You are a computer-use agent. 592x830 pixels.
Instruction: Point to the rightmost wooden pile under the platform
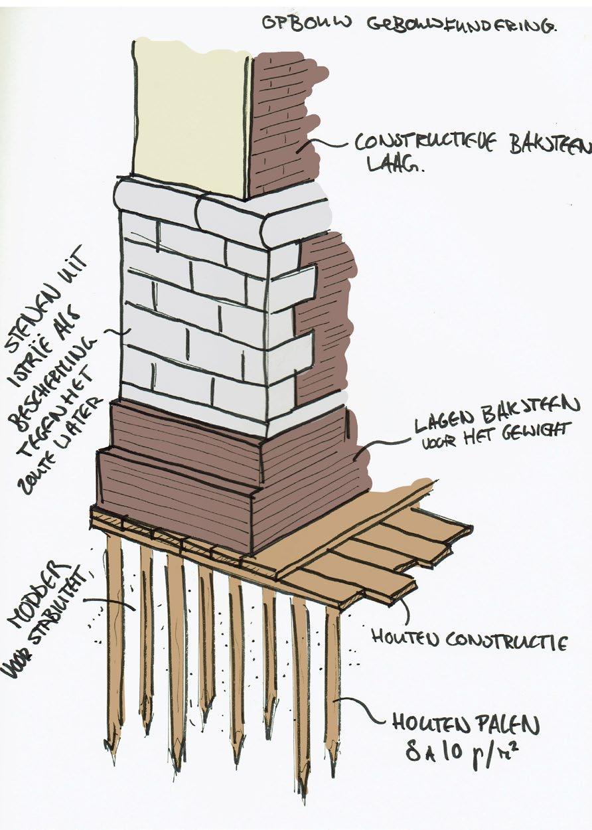tap(332, 684)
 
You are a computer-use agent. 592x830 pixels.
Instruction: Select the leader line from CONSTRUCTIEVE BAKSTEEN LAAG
tap(325, 143)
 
